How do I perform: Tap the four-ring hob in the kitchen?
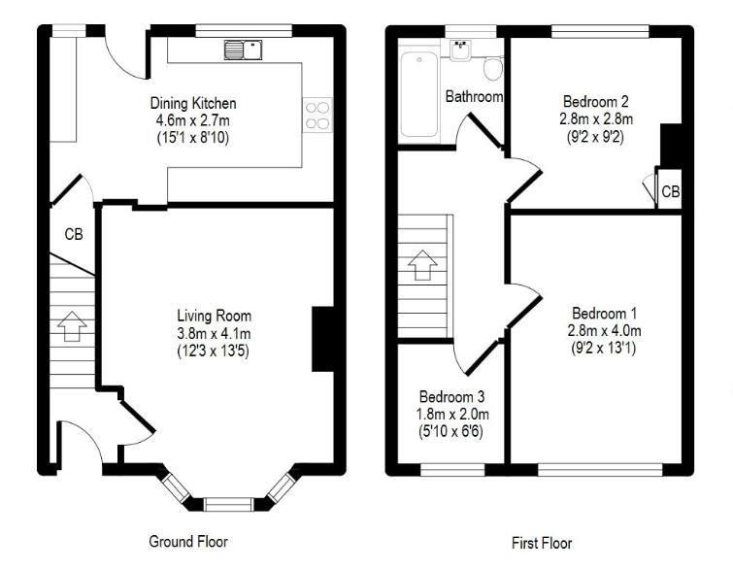pyautogui.click(x=317, y=116)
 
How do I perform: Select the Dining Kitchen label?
pyautogui.click(x=192, y=103)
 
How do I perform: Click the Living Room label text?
pyautogui.click(x=214, y=316)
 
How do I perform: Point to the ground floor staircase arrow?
pyautogui.click(x=69, y=325)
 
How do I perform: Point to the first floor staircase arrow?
pyautogui.click(x=422, y=263)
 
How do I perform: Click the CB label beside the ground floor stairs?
pyautogui.click(x=74, y=234)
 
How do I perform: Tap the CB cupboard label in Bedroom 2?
pyautogui.click(x=670, y=192)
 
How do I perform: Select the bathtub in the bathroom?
pyautogui.click(x=420, y=94)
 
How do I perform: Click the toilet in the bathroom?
pyautogui.click(x=492, y=68)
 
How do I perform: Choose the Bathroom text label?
pyautogui.click(x=474, y=96)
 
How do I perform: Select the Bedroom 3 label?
pyautogui.click(x=451, y=396)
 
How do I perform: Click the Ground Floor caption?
pyautogui.click(x=188, y=541)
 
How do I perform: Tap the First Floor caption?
pyautogui.click(x=541, y=543)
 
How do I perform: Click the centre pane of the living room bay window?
pyautogui.click(x=226, y=503)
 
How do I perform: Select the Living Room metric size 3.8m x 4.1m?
pyautogui.click(x=214, y=333)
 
